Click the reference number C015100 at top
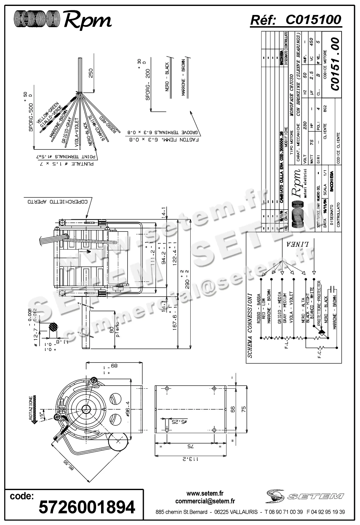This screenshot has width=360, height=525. tap(313, 20)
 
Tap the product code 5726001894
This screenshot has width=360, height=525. tap(87, 507)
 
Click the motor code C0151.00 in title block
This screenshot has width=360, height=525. tap(335, 64)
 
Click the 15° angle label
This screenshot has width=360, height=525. tap(42, 414)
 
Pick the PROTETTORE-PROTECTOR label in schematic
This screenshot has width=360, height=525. tap(319, 303)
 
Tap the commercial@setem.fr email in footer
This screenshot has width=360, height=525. tap(205, 501)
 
